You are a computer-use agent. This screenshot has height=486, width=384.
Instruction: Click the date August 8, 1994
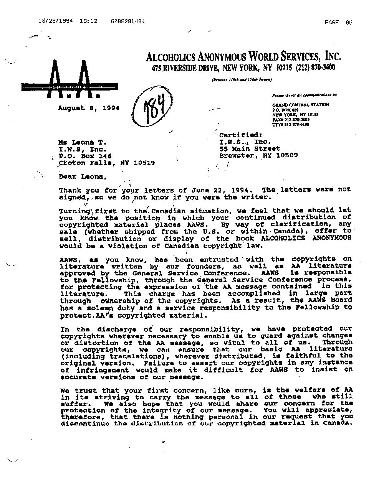click(88, 108)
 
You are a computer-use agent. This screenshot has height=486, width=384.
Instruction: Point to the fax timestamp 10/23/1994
click(55, 21)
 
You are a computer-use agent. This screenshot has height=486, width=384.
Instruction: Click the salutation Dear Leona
click(81, 177)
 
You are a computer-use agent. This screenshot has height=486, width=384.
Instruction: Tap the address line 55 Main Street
click(250, 148)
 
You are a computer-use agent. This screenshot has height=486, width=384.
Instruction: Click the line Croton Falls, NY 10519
click(107, 163)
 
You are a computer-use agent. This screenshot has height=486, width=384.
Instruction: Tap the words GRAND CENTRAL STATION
click(301, 105)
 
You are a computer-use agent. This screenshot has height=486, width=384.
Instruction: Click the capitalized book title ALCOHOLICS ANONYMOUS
click(306, 238)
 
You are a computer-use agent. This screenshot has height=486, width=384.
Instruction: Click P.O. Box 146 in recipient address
click(85, 156)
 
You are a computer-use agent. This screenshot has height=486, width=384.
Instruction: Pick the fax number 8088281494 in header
click(127, 21)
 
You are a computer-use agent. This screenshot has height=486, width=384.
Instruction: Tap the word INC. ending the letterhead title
click(333, 57)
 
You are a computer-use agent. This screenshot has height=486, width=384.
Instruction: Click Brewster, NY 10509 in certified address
click(258, 155)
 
